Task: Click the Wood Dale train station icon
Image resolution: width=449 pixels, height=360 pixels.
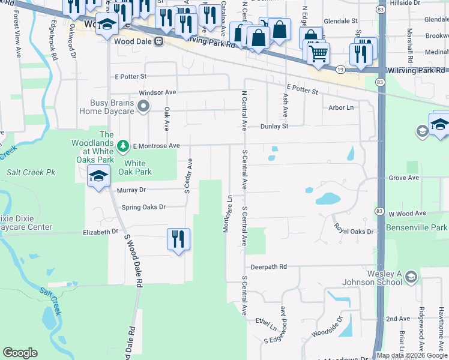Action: [158, 41]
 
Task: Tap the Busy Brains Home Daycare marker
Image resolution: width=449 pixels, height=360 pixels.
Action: [143, 107]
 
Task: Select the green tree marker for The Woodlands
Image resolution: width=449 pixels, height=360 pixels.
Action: [122, 146]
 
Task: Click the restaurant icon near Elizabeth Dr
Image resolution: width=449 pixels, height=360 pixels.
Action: [178, 239]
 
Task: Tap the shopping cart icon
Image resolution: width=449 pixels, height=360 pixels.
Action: [318, 53]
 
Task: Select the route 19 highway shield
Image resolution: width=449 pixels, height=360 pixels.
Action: [340, 70]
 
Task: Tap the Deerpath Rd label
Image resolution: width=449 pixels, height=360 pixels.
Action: [269, 266]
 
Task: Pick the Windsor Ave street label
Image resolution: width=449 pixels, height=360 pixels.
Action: [157, 93]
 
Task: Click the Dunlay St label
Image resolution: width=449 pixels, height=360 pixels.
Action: [274, 126]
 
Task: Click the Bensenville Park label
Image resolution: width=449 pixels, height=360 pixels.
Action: [418, 229]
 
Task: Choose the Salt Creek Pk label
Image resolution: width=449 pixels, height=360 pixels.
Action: [31, 172]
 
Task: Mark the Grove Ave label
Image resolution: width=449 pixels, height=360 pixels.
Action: [403, 178]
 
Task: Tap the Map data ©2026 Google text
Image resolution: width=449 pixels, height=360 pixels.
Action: [412, 355]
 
